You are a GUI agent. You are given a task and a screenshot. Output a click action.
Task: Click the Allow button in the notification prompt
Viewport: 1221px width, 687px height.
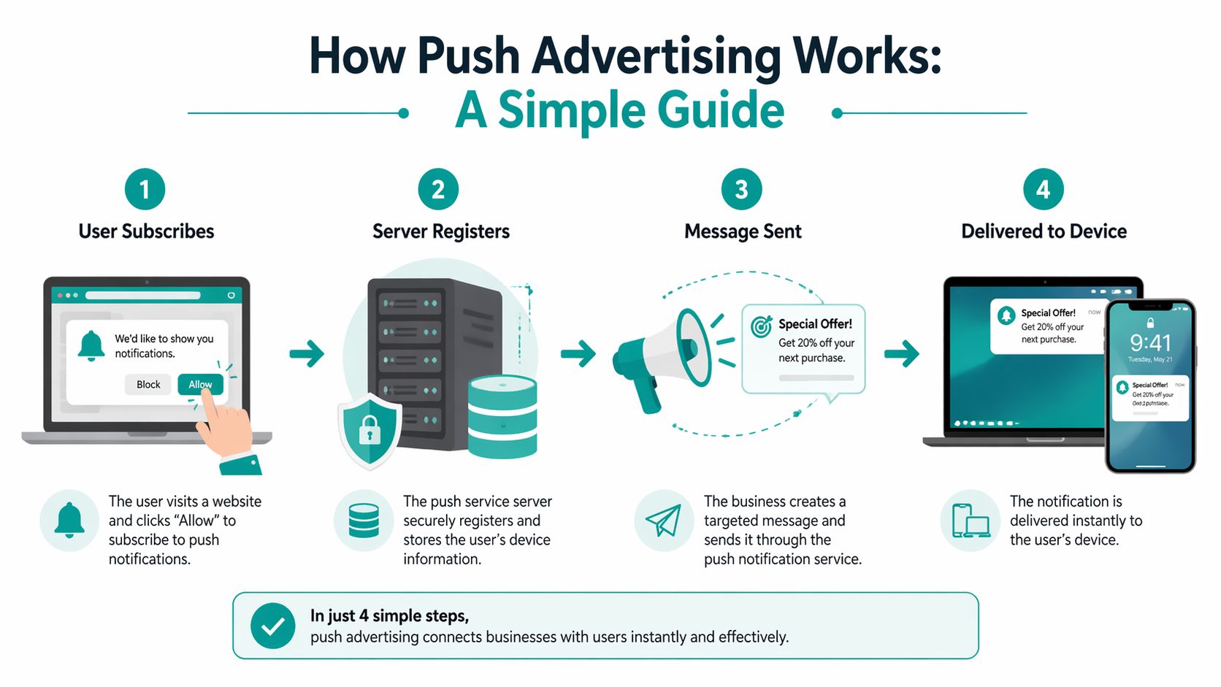(x=200, y=384)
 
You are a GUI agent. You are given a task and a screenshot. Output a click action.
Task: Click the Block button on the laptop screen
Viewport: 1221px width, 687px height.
(x=148, y=384)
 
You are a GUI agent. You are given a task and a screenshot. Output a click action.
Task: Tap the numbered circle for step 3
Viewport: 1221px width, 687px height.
(x=741, y=190)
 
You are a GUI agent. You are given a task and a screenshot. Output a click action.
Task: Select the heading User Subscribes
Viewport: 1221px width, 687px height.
(x=146, y=231)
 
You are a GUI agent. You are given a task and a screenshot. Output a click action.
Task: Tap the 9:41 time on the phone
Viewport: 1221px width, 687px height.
(x=1150, y=343)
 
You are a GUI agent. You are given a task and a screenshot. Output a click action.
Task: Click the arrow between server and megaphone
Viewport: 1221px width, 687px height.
(x=578, y=354)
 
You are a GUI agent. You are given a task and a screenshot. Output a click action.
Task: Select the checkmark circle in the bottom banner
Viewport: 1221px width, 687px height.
(x=272, y=626)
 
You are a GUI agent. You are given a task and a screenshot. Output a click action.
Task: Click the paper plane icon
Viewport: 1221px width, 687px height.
(x=663, y=521)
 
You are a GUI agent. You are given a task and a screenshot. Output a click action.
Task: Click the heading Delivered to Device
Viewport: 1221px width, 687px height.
(x=1044, y=231)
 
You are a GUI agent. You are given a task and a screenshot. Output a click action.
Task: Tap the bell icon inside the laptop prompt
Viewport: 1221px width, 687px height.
(x=91, y=345)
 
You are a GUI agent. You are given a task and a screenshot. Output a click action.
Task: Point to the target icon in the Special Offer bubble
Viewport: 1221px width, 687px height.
(x=762, y=326)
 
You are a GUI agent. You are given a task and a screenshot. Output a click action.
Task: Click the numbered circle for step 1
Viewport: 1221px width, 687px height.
(x=145, y=190)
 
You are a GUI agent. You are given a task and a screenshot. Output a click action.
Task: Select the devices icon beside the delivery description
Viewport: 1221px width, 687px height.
(x=970, y=521)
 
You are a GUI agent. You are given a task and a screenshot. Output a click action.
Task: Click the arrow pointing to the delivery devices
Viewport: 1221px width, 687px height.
(x=902, y=354)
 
